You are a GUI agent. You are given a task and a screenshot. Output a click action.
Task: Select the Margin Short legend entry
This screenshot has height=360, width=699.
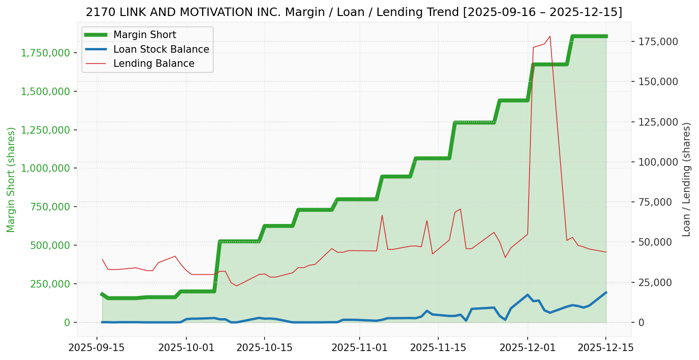pos(145,35)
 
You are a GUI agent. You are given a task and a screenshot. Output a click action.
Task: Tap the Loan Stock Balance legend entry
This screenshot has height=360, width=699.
pos(161,49)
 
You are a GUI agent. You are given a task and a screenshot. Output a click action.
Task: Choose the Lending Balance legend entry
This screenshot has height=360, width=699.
pos(153,64)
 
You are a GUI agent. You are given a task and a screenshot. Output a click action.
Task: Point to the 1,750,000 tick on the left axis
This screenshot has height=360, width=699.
pos(43,53)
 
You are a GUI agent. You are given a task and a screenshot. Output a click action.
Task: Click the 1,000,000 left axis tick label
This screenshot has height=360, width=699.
pos(43,168)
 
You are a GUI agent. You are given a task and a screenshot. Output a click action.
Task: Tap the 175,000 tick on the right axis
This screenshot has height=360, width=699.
pos(658,42)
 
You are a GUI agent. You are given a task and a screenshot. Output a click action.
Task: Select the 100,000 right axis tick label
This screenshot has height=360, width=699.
pos(658,162)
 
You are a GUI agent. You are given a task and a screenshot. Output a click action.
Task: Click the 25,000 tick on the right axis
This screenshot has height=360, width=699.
pos(656,282)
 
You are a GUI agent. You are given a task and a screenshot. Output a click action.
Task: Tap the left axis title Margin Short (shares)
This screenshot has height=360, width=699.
pos(11,180)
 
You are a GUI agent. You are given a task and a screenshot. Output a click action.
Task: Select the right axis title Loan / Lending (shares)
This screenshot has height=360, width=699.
pos(687,180)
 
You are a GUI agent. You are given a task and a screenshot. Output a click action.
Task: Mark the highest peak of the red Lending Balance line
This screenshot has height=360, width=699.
pos(550,36)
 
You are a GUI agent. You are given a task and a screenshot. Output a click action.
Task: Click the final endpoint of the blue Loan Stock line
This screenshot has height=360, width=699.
pos(606,292)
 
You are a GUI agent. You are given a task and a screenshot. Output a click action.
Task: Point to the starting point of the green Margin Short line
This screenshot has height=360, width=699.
pos(102,294)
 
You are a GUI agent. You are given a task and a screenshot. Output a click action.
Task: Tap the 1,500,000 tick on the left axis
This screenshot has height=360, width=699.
pos(43,91)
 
